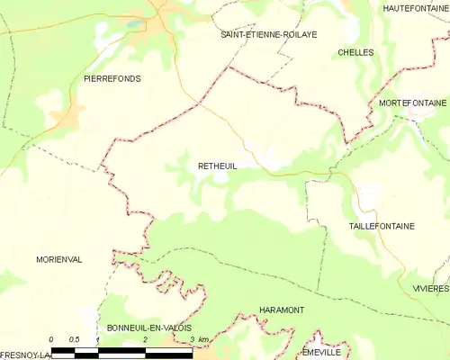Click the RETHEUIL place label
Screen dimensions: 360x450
(217, 166)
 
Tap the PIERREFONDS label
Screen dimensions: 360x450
(112, 79)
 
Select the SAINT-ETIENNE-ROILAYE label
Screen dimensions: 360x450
(269, 34)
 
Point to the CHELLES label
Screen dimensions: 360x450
(355, 53)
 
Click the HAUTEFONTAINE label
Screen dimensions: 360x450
(415, 8)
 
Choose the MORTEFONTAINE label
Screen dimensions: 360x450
(412, 103)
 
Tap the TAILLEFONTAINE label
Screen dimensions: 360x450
(381, 226)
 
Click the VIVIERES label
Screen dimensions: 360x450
(430, 288)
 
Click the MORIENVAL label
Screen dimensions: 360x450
(59, 259)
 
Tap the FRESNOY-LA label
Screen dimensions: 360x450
(24, 355)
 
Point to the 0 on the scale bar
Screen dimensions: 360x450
(51, 339)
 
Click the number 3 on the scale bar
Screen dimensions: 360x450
(192, 339)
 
